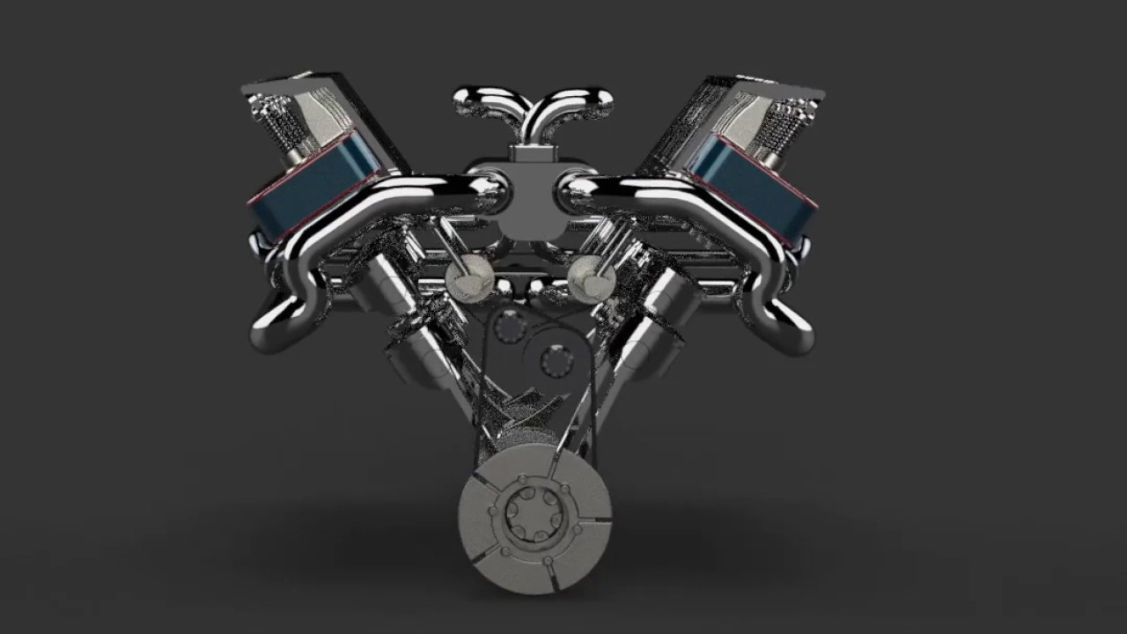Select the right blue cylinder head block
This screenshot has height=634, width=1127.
(753, 187)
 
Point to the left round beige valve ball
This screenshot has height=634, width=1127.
(468, 280)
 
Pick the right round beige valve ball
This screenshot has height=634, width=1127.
(592, 279)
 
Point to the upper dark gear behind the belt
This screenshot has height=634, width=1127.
(510, 327)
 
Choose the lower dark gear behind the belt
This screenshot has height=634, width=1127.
(556, 360)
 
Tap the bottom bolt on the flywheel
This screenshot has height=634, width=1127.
(548, 561)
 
